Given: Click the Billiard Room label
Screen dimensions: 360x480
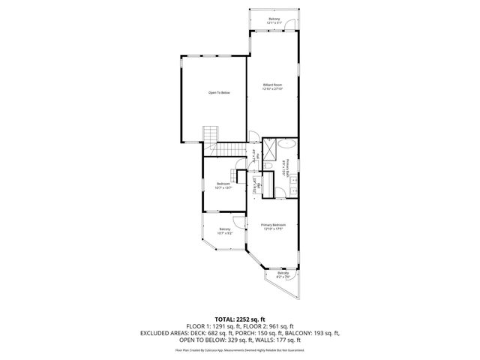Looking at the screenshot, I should click(272, 87).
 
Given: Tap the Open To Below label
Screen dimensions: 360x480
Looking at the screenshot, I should click(219, 92).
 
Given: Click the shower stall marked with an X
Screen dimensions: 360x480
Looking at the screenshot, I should click(268, 145).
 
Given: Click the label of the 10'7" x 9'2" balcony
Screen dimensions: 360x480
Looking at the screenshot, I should click(224, 231).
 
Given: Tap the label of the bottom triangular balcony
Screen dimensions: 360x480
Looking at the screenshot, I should click(283, 275).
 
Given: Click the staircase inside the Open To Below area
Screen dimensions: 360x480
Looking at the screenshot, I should click(210, 134).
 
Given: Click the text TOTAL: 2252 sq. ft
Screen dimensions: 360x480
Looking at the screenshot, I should click(239, 319).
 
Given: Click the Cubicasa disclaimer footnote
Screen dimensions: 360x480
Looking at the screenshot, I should click(239, 349).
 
